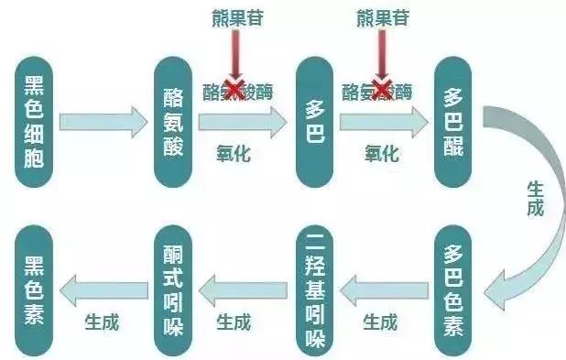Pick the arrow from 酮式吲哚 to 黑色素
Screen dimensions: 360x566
pos(103,292)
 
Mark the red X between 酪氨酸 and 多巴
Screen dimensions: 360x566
pos(235,89)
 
